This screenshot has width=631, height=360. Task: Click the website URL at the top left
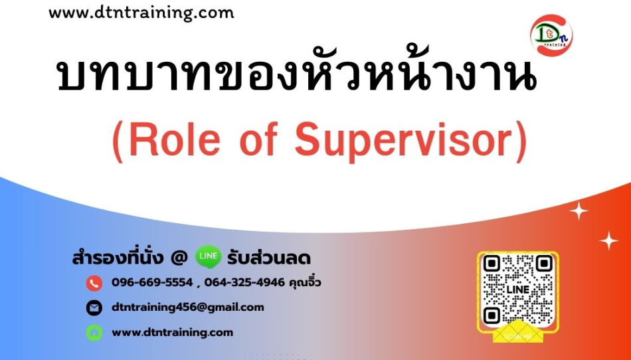click(141, 13)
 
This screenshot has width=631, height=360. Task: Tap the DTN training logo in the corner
click(551, 35)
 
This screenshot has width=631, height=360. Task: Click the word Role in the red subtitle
click(175, 140)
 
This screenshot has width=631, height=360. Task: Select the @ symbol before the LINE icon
click(179, 258)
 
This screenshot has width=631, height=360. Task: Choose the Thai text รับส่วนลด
click(269, 258)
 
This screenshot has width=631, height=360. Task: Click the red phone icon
click(94, 283)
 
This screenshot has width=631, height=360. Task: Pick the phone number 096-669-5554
click(152, 282)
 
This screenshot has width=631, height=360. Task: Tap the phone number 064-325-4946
click(244, 282)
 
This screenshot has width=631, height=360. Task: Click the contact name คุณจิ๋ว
click(306, 282)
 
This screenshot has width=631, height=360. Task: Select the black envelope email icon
click(94, 308)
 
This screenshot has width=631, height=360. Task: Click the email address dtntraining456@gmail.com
click(188, 308)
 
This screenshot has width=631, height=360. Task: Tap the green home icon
click(94, 333)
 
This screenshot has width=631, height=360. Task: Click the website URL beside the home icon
click(172, 333)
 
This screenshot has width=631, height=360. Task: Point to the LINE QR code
click(518, 290)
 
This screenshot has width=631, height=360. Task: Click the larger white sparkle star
click(579, 211)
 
